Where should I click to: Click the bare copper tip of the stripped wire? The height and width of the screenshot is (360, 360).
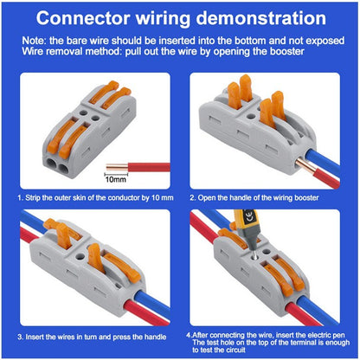click(110, 164)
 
